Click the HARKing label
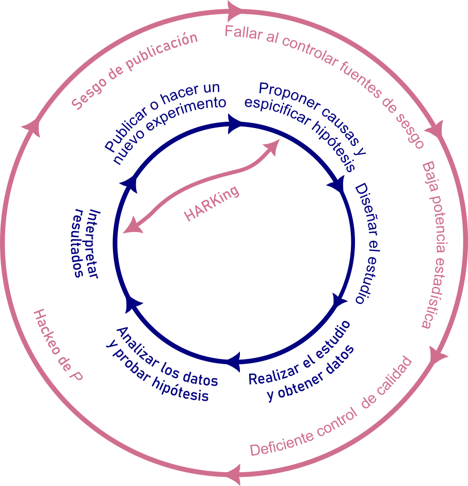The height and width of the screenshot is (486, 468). (212, 204)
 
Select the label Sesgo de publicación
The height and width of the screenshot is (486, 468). (135, 71)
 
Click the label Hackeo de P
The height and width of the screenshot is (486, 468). (58, 345)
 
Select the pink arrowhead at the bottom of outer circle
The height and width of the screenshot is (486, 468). (234, 470)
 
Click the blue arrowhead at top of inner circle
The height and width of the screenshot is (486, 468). (235, 123)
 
